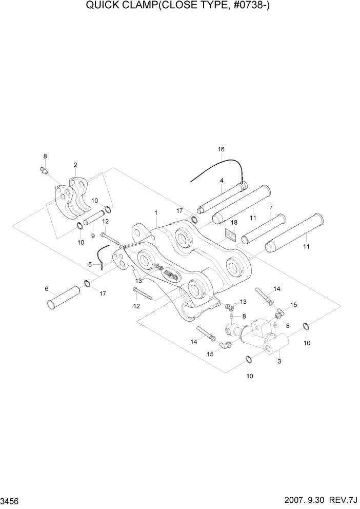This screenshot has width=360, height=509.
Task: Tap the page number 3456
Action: (x=11, y=500)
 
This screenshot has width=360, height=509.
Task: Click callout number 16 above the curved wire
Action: (x=221, y=149)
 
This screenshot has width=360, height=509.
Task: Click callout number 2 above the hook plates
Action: (x=75, y=165)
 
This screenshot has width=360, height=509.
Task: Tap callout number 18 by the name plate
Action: (x=234, y=223)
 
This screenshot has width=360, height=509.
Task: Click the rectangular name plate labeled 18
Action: (x=229, y=234)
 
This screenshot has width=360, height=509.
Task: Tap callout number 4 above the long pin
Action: (x=222, y=181)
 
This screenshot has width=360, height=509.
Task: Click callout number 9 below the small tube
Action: (x=93, y=236)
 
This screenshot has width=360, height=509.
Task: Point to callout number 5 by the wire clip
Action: (x=90, y=264)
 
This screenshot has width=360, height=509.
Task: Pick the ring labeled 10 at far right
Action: (x=306, y=326)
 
